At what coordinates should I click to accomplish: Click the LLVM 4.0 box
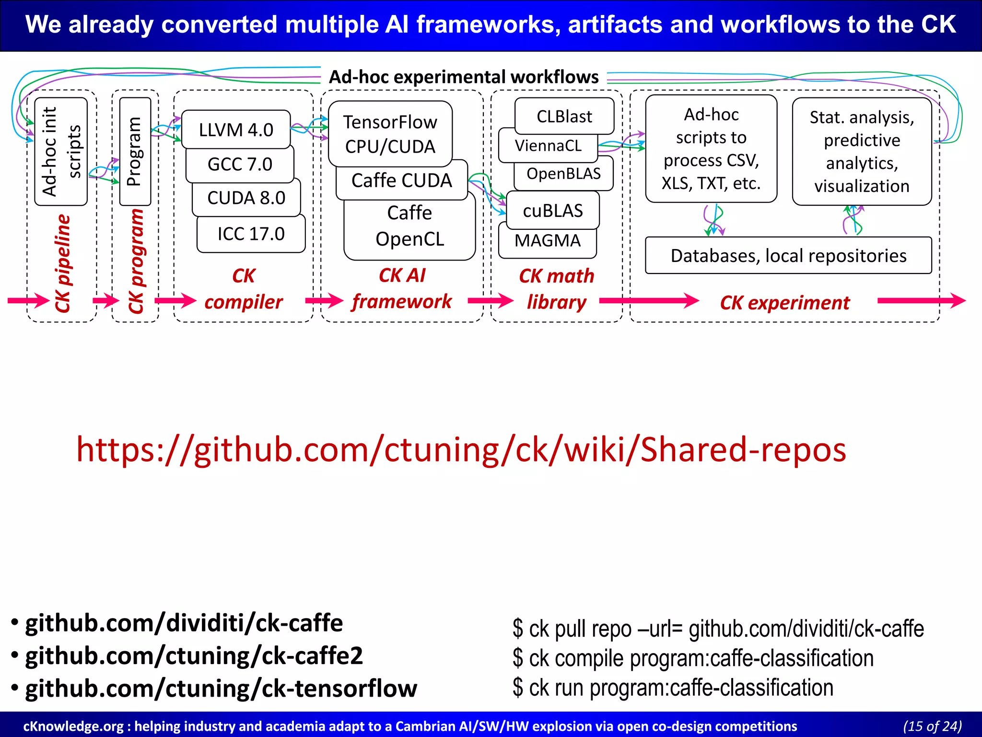236,130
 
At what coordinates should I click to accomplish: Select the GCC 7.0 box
240,165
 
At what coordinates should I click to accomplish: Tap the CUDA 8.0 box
246,198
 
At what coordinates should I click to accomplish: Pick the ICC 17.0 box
251,234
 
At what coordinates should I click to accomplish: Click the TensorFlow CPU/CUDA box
390,134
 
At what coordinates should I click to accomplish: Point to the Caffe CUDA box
401,181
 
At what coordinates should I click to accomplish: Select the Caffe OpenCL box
409,226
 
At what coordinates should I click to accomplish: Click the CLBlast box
564,116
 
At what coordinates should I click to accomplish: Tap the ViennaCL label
548,145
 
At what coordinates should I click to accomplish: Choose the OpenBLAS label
563,174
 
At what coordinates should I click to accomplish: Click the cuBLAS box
552,211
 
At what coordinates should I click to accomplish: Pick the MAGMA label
547,240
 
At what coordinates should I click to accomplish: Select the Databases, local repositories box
788,256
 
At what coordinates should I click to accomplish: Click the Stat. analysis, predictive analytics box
862,152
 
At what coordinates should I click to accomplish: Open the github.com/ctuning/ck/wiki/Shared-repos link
461,450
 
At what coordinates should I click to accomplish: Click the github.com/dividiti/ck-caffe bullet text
184,623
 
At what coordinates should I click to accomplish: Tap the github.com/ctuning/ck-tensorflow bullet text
221,689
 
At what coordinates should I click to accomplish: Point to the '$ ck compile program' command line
693,658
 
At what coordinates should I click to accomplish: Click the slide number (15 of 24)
932,726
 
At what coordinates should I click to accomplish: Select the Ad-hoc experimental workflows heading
464,77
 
